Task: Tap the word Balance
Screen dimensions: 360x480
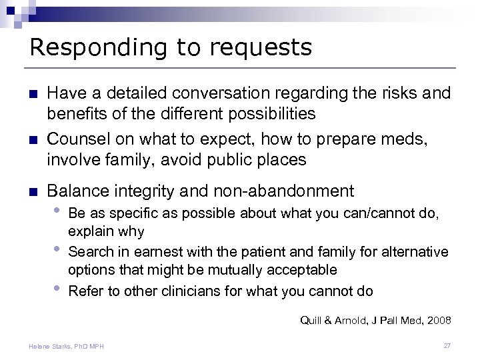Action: [x=87, y=191]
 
